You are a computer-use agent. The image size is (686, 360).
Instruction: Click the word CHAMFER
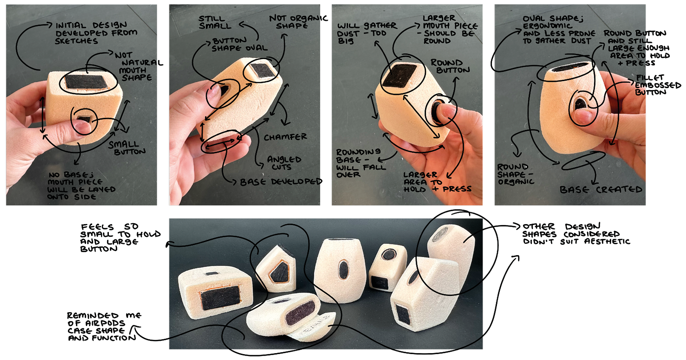click(x=285, y=136)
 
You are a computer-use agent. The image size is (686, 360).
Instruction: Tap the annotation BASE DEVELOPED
click(x=281, y=182)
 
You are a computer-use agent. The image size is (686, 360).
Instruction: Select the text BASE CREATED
click(x=601, y=189)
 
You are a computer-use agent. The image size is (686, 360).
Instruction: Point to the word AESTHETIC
click(x=607, y=241)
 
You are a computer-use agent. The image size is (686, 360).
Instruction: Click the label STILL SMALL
click(x=215, y=22)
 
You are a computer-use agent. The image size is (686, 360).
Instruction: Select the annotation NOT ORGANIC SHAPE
click(x=298, y=22)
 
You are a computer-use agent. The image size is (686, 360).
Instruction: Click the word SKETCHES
click(x=76, y=41)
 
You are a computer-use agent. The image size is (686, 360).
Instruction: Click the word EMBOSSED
click(x=658, y=85)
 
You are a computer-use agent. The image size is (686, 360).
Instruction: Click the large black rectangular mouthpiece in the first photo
click(x=86, y=82)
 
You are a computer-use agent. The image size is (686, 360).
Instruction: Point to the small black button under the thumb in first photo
click(x=84, y=118)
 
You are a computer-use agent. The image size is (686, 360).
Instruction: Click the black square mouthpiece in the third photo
click(x=399, y=75)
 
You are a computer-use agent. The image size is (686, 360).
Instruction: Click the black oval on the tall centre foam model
click(x=343, y=269)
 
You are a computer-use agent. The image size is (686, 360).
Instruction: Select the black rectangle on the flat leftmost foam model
click(x=221, y=297)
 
